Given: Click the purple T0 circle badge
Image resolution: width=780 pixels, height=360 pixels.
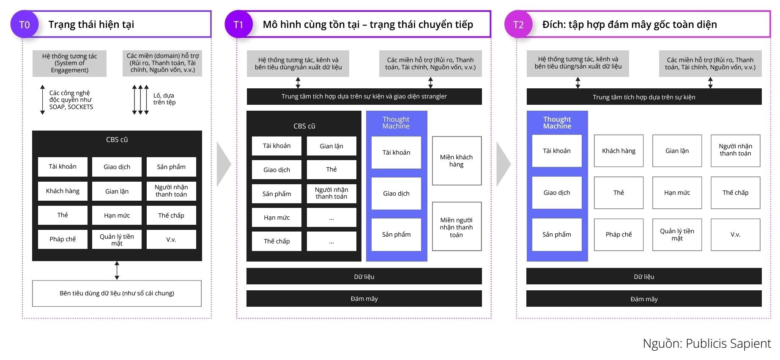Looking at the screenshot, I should tap(25, 25).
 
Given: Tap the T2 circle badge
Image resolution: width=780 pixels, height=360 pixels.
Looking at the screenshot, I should tap(518, 25).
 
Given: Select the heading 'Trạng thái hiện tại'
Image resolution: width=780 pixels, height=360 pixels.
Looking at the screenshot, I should tap(91, 25).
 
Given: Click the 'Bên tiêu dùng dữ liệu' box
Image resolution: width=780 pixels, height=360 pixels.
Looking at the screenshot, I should tap(117, 293).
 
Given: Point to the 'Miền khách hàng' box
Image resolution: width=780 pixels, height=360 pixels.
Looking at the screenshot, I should tap(456, 161).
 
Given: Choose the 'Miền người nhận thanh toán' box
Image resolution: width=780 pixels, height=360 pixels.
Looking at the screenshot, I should tap(456, 227).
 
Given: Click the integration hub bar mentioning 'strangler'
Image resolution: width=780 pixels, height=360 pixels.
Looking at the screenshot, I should tap(364, 96).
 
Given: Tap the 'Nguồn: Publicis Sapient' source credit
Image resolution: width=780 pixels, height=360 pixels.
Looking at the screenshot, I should tap(706, 344).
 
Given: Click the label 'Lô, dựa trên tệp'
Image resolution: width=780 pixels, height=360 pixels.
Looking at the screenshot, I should tap(164, 99).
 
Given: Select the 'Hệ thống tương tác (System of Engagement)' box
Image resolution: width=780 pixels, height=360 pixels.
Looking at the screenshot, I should tap(69, 63).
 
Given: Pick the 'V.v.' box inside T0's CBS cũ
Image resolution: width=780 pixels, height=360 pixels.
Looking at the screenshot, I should tap(171, 239).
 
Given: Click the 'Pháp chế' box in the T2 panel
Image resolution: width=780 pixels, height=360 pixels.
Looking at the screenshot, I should tap(619, 235).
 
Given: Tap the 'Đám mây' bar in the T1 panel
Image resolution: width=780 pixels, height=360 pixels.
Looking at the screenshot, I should tap(364, 299).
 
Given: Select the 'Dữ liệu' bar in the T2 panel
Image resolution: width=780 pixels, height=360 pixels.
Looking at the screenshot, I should tap(644, 277).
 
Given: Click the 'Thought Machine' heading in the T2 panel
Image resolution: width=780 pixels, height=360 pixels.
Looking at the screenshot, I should tap(557, 123).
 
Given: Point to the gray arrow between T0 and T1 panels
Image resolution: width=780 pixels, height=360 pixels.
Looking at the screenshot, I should tap(223, 164).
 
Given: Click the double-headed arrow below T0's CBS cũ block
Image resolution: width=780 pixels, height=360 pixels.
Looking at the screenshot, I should tap(117, 270).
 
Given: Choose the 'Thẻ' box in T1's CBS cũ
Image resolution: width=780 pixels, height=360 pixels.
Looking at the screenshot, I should tap(331, 169).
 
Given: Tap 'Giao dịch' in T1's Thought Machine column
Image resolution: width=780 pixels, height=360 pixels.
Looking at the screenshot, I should tap(396, 194).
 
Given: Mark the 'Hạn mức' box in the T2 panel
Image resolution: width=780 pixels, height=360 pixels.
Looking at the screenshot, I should tap(677, 193).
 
